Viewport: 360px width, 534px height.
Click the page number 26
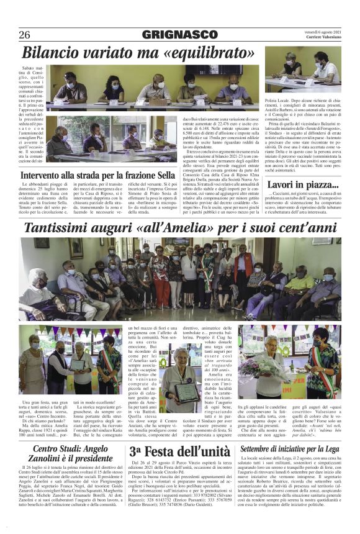click(x=25, y=35)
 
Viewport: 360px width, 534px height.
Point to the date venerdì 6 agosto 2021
click(x=320, y=32)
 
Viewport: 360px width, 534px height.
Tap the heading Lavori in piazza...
click(x=294, y=184)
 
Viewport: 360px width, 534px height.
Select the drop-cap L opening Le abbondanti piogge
click(x=24, y=185)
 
